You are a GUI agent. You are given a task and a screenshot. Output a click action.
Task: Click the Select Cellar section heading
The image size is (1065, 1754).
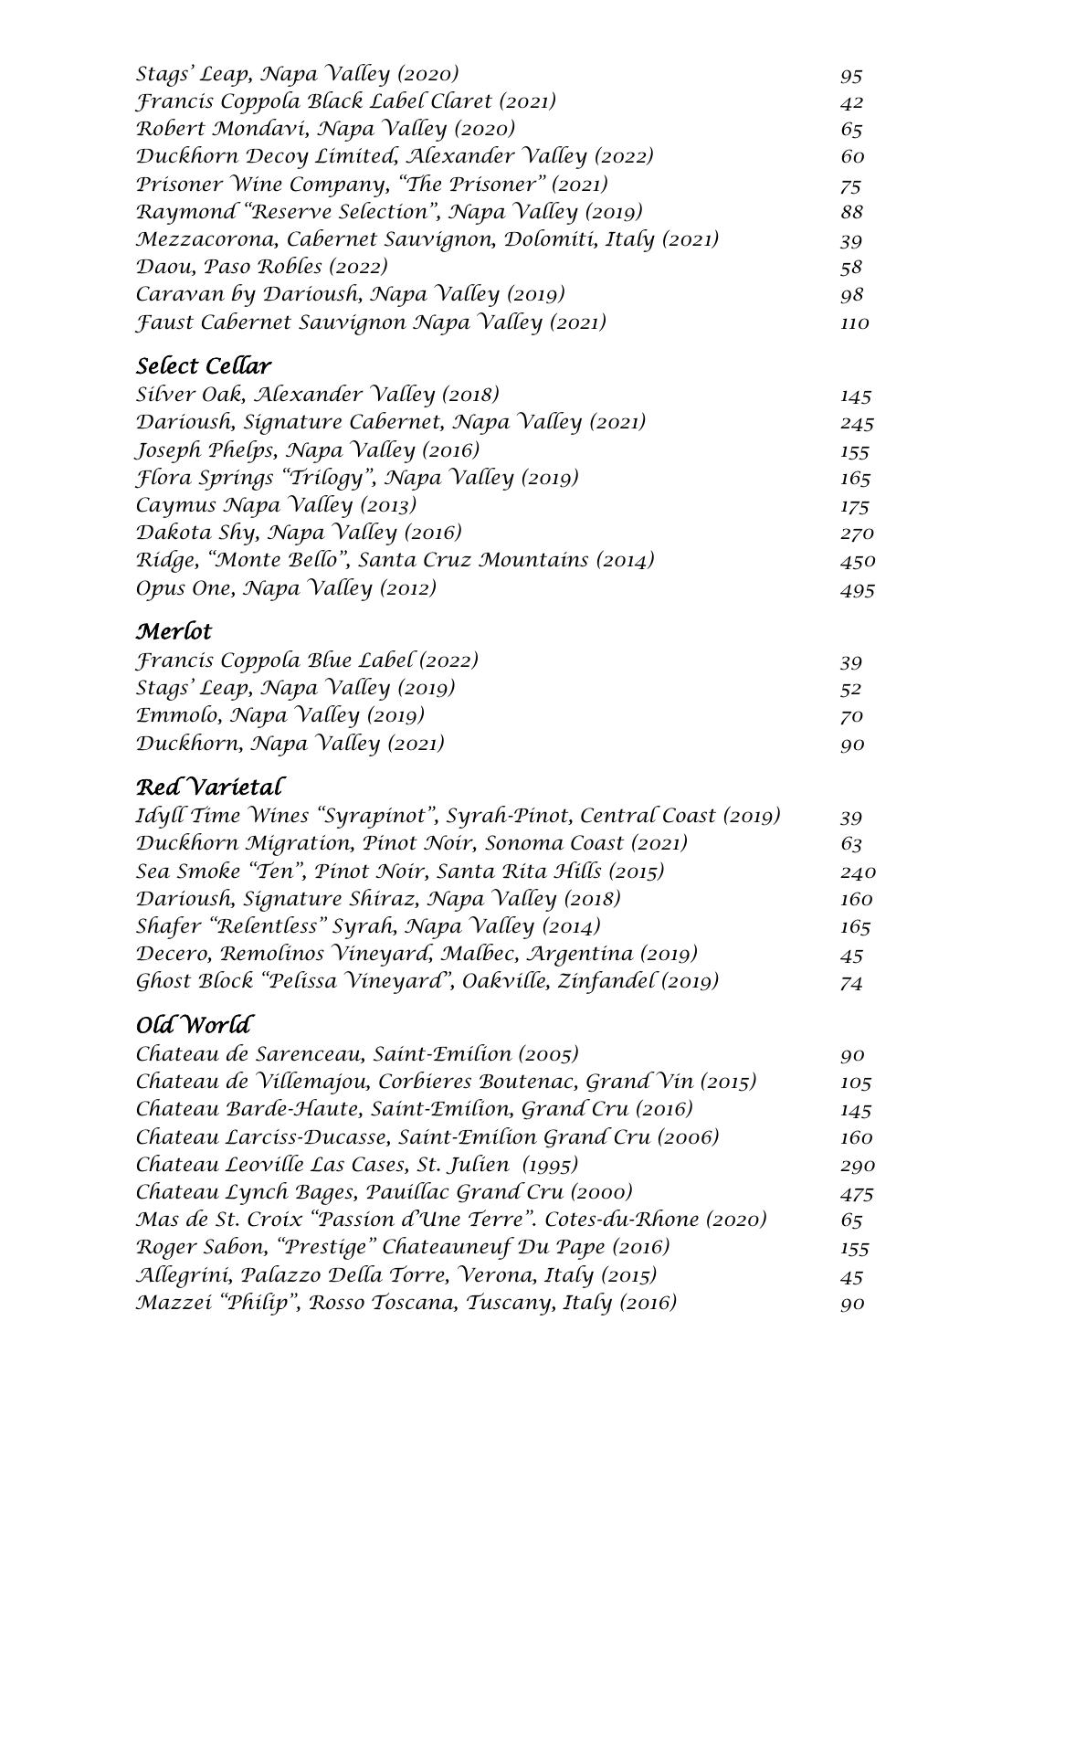(x=204, y=366)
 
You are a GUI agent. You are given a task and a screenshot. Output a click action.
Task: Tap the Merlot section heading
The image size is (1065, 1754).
(x=174, y=632)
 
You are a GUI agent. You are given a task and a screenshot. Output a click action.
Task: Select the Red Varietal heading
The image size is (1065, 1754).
(x=209, y=787)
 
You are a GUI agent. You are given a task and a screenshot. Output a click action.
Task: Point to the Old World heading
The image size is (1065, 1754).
(x=194, y=1025)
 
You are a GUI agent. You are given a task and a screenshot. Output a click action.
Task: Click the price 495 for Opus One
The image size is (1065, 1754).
(x=857, y=589)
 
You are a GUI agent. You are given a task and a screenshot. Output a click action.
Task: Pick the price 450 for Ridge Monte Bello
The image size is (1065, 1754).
(x=857, y=561)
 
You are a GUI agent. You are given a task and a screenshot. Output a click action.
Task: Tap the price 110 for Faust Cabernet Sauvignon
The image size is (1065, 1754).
(x=854, y=323)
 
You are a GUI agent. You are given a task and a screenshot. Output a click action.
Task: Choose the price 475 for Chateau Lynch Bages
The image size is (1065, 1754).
(x=856, y=1193)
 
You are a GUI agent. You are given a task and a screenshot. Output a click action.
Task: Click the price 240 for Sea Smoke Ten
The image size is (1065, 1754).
(x=857, y=872)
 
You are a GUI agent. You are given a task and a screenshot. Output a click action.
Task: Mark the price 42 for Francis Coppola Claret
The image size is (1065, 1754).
(x=851, y=102)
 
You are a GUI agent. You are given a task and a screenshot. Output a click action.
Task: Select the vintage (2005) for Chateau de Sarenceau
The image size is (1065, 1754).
(x=548, y=1054)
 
